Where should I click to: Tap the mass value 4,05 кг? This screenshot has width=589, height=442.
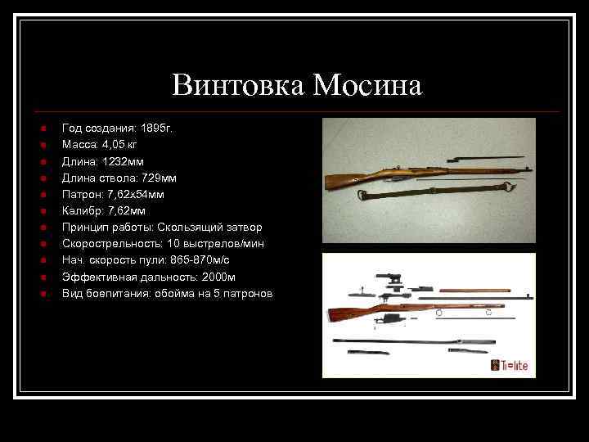tap(120, 145)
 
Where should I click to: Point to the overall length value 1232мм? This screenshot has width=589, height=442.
tap(122, 161)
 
